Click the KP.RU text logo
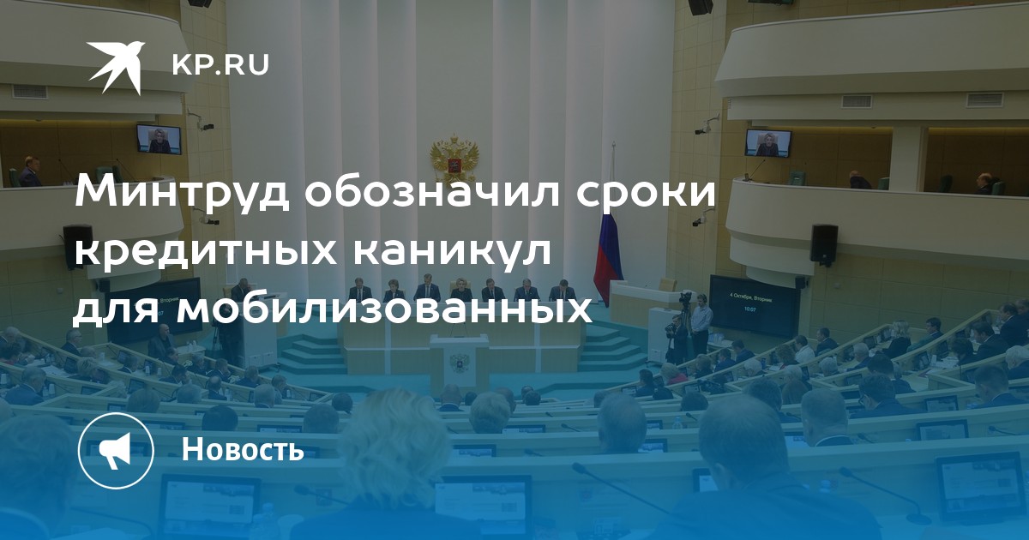220,65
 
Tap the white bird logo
116,67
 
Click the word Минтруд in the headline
183,193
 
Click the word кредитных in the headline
206,252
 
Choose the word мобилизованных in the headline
383,310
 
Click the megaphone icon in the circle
116,451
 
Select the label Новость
243,448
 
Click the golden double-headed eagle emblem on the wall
454,159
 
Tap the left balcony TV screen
159,139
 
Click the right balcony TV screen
768,143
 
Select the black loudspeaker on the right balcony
824,243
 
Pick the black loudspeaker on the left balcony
78,245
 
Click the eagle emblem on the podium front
459,363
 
